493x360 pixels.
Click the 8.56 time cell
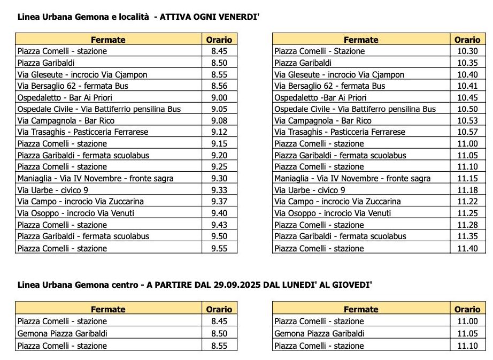[219, 86]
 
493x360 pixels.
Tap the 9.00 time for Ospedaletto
[219, 97]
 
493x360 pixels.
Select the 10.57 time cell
[467, 132]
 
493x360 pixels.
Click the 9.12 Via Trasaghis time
[219, 132]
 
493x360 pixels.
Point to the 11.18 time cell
[467, 190]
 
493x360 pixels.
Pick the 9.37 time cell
[219, 202]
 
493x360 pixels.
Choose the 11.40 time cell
[467, 249]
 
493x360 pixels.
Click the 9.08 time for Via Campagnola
[219, 121]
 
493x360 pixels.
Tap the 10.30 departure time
[467, 51]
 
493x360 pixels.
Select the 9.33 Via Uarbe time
[219, 190]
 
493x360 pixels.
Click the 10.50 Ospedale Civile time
[467, 109]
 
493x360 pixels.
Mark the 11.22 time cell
[467, 202]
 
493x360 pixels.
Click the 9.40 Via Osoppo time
[219, 213]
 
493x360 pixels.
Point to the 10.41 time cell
[467, 86]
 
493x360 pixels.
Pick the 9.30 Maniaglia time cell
[219, 179]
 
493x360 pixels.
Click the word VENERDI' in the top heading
[236, 17]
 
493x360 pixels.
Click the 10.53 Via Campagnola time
[467, 121]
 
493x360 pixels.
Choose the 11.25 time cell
[467, 213]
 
